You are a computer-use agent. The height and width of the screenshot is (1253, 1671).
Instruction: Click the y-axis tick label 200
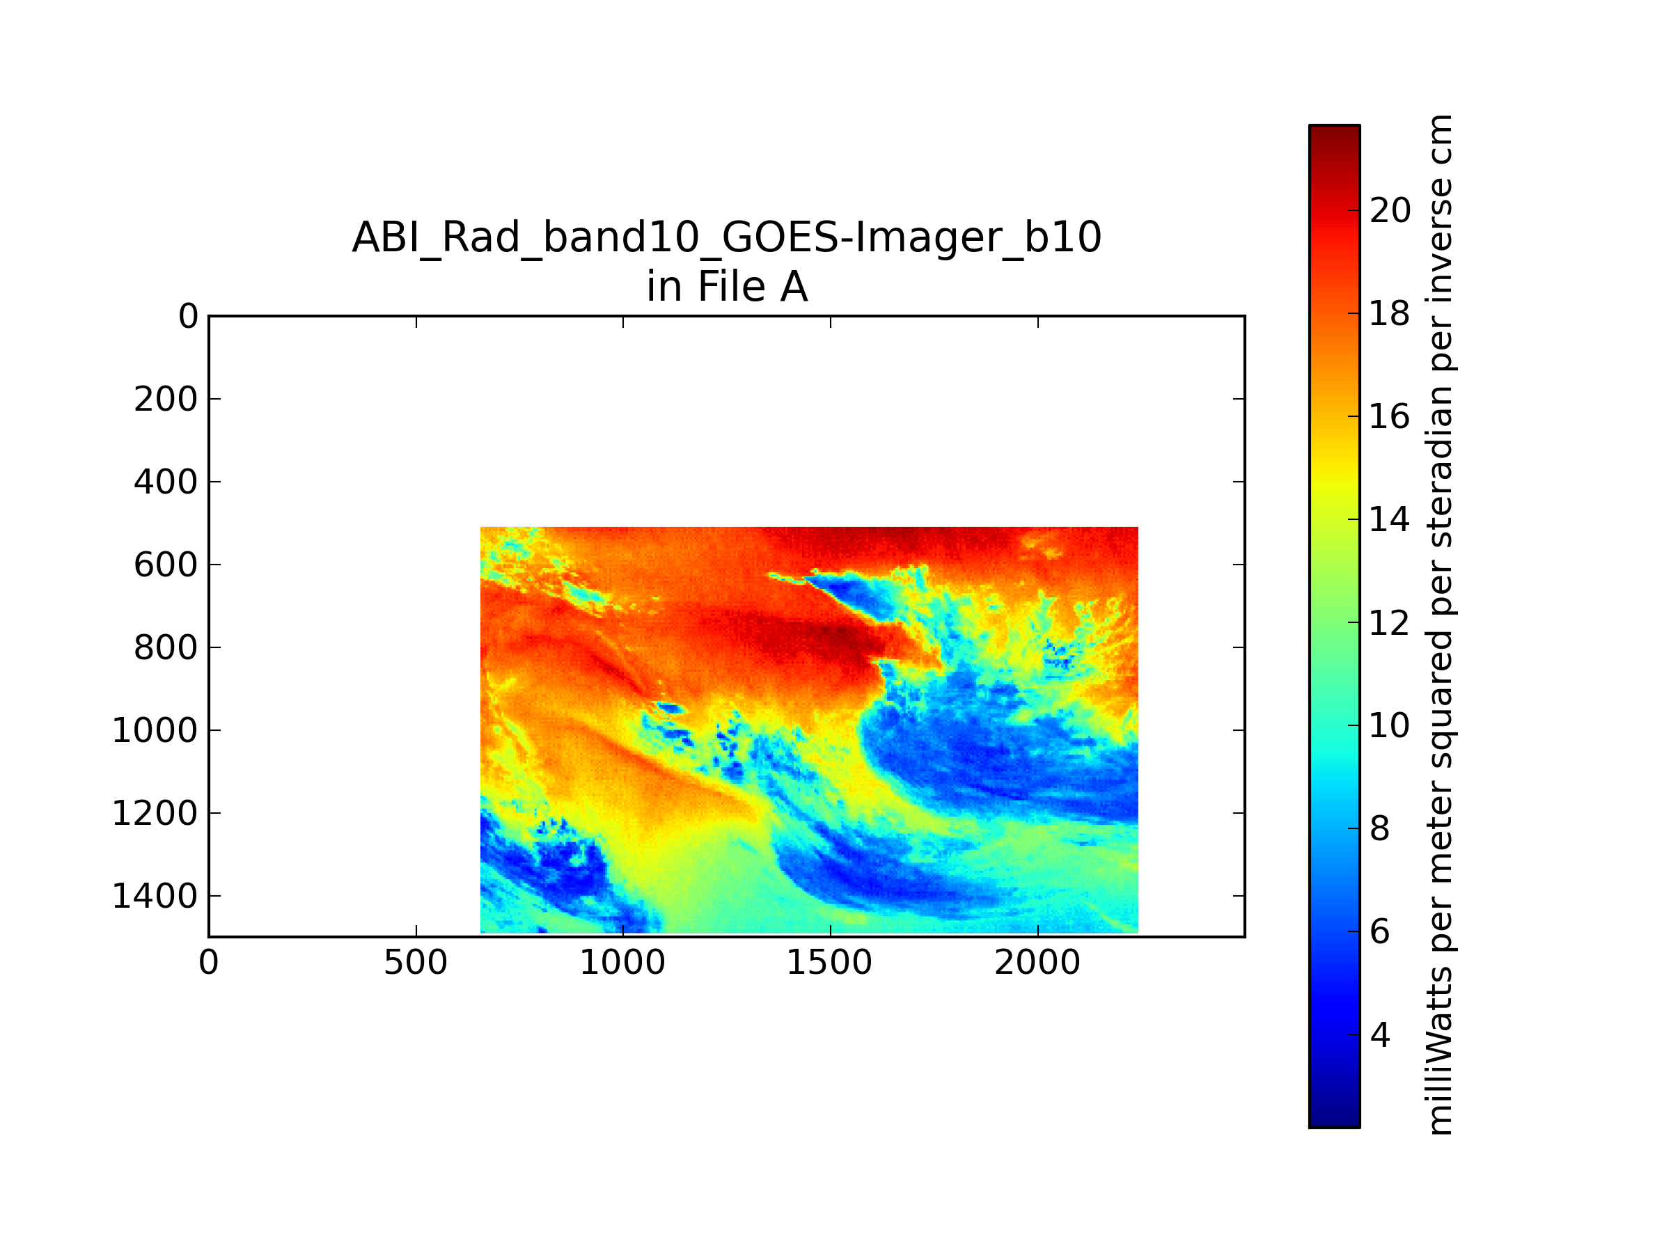[166, 400]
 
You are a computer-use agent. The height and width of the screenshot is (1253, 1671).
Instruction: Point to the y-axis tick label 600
[166, 565]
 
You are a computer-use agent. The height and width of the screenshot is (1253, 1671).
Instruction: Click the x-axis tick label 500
[416, 963]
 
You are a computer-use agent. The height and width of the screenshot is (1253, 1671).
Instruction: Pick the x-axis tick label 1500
[829, 963]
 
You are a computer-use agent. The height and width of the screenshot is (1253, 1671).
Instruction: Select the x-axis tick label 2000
[1037, 963]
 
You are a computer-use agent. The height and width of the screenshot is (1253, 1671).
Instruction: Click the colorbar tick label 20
[1390, 210]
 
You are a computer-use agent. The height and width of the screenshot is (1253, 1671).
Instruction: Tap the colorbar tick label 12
[1390, 623]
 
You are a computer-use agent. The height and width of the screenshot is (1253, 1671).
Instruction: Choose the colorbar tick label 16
[1390, 416]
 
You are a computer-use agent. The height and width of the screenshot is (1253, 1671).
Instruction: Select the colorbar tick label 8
[1380, 828]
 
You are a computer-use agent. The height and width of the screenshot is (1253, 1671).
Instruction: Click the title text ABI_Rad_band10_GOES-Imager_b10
[727, 237]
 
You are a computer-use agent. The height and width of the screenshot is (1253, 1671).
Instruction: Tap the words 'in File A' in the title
[727, 286]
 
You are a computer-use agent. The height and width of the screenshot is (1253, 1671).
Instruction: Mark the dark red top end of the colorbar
[1335, 128]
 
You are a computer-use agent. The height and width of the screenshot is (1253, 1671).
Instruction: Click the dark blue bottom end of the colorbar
[1335, 1123]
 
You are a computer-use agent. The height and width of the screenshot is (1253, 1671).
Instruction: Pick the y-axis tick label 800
[166, 648]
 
